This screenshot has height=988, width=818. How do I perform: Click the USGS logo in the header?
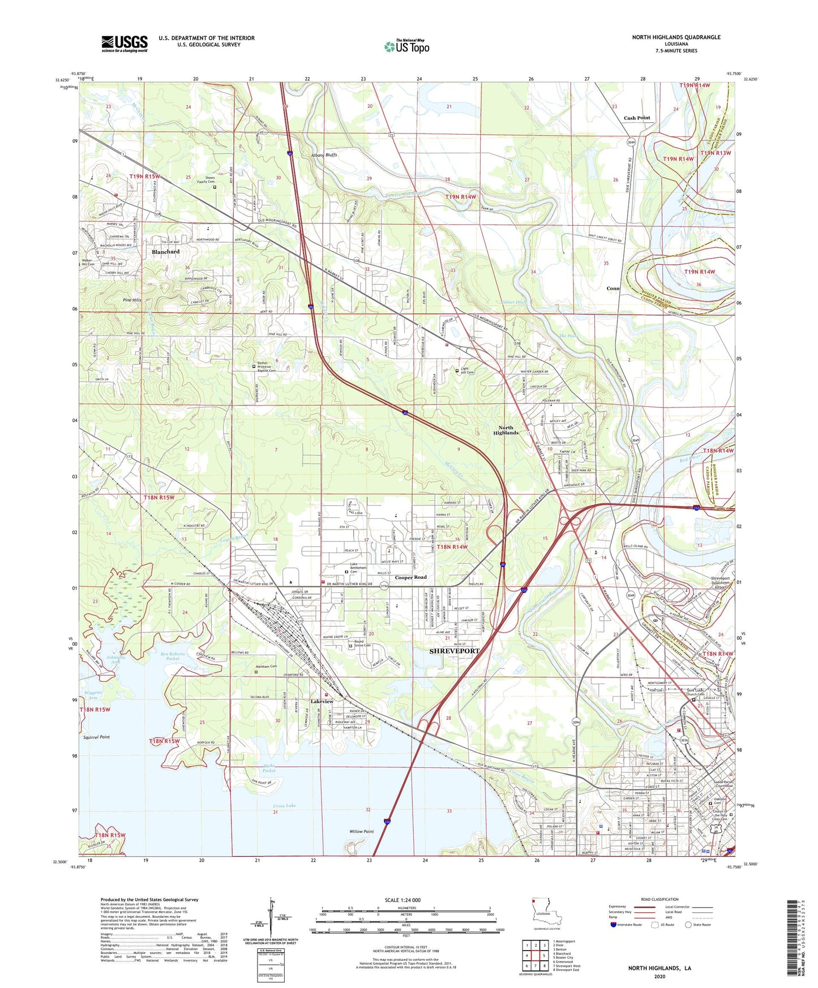pyautogui.click(x=125, y=44)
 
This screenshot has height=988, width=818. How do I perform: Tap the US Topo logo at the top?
pyautogui.click(x=406, y=46)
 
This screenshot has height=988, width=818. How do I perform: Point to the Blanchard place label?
pyautogui.click(x=165, y=252)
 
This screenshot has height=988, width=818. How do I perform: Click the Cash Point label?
pyautogui.click(x=637, y=118)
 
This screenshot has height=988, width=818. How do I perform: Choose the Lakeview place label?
pyautogui.click(x=322, y=702)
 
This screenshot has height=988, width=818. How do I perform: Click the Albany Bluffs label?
pyautogui.click(x=324, y=155)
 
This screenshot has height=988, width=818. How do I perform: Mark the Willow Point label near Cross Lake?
pyautogui.click(x=361, y=832)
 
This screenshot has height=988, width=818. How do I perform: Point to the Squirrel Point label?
pyautogui.click(x=96, y=737)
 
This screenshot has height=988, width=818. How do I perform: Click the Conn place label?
pyautogui.click(x=613, y=289)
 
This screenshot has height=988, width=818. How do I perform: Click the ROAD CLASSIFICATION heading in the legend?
pyautogui.click(x=659, y=899)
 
